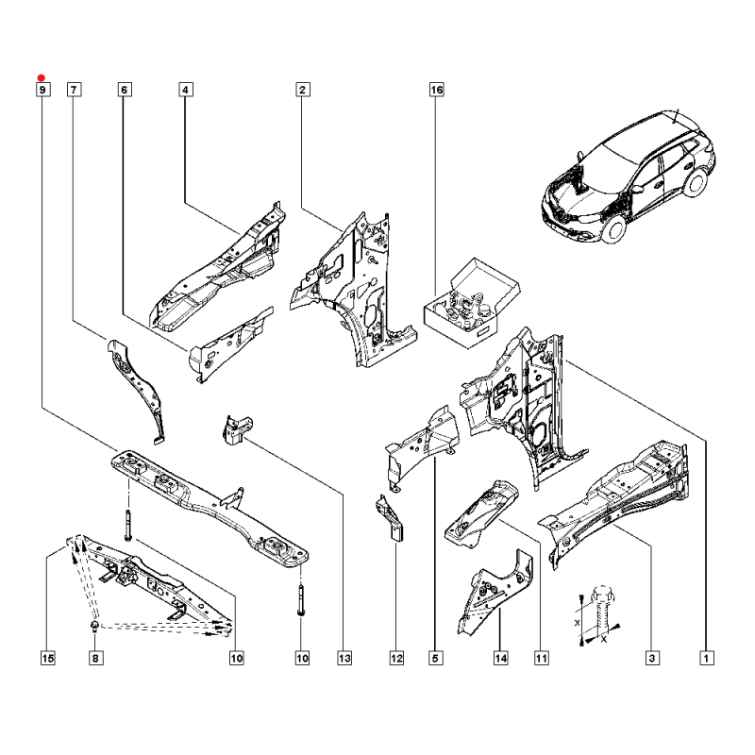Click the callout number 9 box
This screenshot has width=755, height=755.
tap(42, 90)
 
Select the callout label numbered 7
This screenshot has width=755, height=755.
tap(74, 90)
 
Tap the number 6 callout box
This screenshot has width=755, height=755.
tap(125, 90)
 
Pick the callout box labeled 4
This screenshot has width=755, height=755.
tap(185, 90)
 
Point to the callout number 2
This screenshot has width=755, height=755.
tap(302, 90)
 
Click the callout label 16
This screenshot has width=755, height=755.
tap(436, 90)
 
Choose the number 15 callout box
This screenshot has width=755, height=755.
tap(48, 658)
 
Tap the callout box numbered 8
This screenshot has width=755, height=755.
tap(94, 658)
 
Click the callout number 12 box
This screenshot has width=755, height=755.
tap(396, 658)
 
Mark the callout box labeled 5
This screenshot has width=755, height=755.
tap(435, 658)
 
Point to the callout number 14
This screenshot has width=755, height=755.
tap(500, 658)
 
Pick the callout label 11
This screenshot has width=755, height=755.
tap(542, 658)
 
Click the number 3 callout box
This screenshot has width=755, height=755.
tap(651, 658)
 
